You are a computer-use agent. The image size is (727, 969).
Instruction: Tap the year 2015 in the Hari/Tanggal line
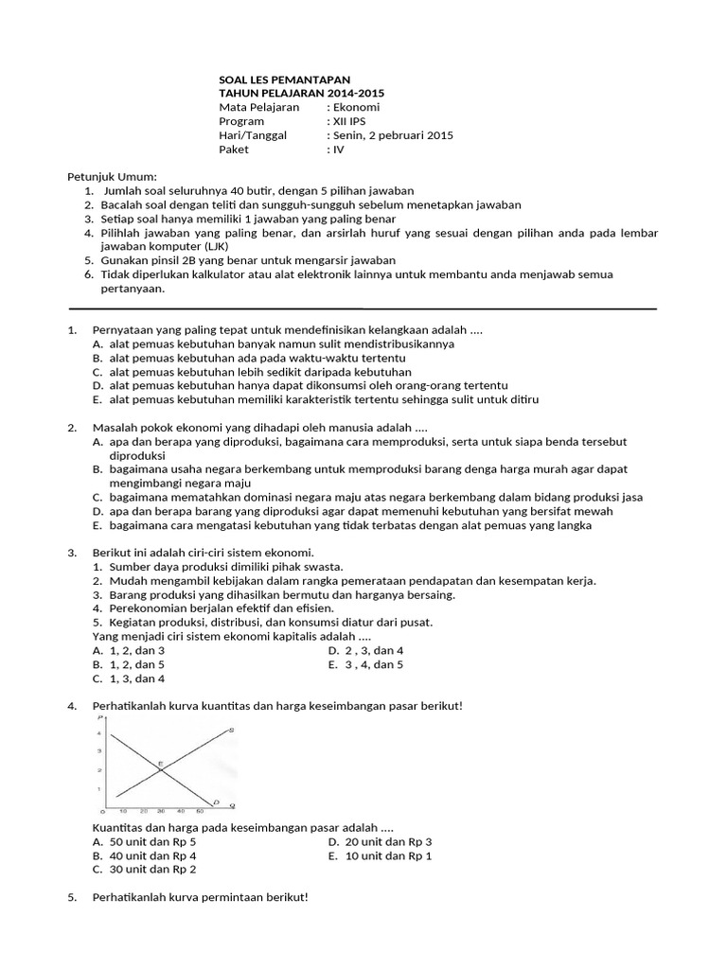coord(438,135)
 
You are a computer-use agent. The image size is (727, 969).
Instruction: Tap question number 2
coord(72,428)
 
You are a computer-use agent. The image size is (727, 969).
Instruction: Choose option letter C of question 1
coord(98,372)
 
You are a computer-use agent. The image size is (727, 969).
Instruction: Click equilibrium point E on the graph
coord(160,763)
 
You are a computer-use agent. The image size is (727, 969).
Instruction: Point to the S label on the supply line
coord(231,730)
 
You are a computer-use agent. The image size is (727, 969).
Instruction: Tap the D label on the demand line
coord(216,802)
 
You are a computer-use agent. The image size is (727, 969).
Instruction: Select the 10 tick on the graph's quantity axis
coord(124,812)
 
